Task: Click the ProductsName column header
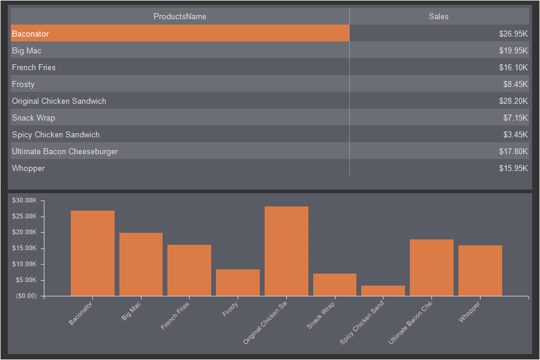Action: coord(180,16)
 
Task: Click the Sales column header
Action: coord(439,16)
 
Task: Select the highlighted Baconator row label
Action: coord(31,34)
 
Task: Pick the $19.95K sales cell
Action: coord(513,50)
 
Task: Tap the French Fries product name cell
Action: coord(34,67)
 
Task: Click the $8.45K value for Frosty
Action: coord(515,84)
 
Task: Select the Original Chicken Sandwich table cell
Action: coord(59,101)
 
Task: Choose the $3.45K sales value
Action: coord(515,134)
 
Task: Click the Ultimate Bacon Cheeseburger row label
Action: coord(65,151)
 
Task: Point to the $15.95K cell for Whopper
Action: coord(513,168)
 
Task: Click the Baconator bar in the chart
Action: coord(92,253)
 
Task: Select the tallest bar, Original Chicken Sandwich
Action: coord(286,251)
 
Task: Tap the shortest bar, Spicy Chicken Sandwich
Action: coord(383,290)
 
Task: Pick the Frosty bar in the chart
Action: coord(238,283)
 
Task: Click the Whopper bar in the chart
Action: coord(480,271)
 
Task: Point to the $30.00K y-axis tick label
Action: coord(25,200)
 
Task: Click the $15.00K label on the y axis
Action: coord(25,248)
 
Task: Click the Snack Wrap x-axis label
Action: coord(321,315)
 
